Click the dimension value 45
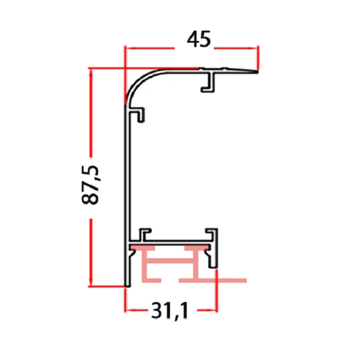[x=199, y=40]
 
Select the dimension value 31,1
[x=170, y=311]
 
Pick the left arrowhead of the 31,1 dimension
[x=128, y=310]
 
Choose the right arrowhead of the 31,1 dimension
[x=213, y=310]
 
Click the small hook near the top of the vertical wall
[x=140, y=114]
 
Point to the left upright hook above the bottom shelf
[x=145, y=235]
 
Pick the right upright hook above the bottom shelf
[x=212, y=235]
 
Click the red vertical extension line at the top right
[x=259, y=58]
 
